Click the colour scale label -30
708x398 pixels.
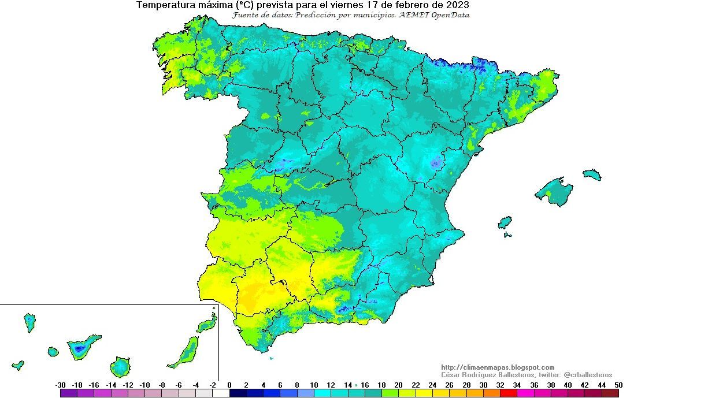pyautogui.click(x=60, y=385)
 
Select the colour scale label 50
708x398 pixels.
pyautogui.click(x=619, y=385)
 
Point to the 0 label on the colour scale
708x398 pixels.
pyautogui.click(x=229, y=385)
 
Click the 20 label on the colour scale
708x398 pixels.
pyautogui.click(x=399, y=385)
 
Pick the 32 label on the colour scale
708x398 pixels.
pyautogui.click(x=500, y=385)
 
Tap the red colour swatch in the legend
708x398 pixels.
pyautogui.click(x=509, y=393)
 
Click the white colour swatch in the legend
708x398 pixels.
pyautogui.click(x=221, y=393)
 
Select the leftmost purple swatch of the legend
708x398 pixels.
pyautogui.click(x=68, y=393)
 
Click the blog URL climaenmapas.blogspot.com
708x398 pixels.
pyautogui.click(x=497, y=367)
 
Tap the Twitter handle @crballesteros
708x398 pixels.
pyautogui.click(x=587, y=375)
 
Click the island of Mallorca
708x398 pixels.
pyautogui.click(x=554, y=191)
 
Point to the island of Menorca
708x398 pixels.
pyautogui.click(x=591, y=174)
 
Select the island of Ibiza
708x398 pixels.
pyautogui.click(x=505, y=223)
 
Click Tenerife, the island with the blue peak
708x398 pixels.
pyautogui.click(x=81, y=348)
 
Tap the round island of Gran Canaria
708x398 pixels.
pyautogui.click(x=121, y=367)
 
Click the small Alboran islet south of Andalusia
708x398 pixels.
pyautogui.click(x=271, y=358)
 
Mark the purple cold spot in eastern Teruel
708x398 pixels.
pyautogui.click(x=436, y=164)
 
